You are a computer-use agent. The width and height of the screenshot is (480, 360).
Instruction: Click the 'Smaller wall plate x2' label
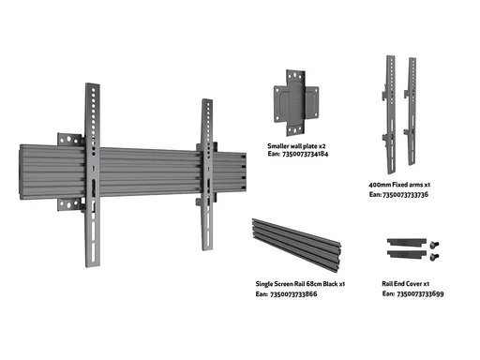point(296,146)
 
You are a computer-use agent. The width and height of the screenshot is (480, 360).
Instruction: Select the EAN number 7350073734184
point(305,154)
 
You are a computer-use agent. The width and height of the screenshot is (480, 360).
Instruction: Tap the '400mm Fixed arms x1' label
point(399,185)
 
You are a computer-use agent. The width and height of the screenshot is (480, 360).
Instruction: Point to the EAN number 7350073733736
point(405,195)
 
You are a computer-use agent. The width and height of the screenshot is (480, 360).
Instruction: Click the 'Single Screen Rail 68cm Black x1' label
point(300,284)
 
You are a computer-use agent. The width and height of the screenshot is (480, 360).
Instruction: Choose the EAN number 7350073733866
point(293,294)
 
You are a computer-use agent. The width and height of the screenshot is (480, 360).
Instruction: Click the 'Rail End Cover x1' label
point(406,284)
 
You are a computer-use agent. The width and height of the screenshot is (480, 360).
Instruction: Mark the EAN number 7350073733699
point(420,293)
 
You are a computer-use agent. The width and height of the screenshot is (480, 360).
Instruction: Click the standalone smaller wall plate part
point(296,103)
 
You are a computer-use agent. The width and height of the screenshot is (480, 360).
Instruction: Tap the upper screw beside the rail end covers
point(434,244)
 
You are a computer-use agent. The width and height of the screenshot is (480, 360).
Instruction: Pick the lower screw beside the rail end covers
point(434,257)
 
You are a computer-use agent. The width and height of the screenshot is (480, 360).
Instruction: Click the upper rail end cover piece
point(407,242)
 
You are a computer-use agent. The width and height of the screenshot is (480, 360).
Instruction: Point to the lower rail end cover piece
point(407,253)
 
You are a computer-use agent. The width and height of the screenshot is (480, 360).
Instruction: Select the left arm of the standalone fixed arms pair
point(390,114)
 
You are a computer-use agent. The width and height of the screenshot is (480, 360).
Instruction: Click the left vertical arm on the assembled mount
point(93,175)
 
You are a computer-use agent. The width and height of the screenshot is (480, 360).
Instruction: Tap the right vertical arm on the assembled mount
point(207,174)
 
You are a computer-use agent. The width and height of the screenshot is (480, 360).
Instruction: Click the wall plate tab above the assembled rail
point(69,140)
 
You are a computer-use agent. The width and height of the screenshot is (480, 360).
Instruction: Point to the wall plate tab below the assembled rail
point(69,204)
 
